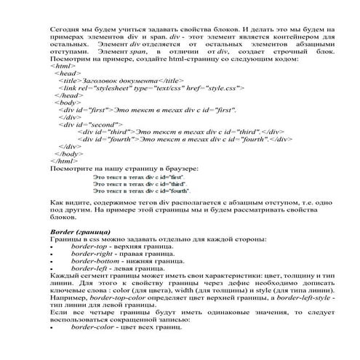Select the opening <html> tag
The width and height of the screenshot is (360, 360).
pyautogui.click(x=60, y=65)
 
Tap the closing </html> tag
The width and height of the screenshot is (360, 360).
pyautogui.click(x=62, y=160)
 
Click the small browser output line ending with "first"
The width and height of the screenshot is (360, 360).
pyautogui.click(x=140, y=177)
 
